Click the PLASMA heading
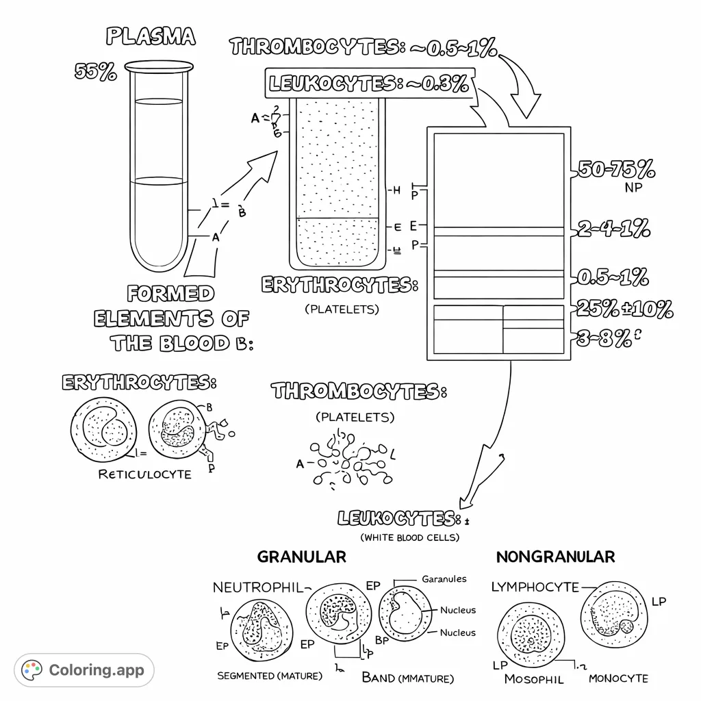[150, 37]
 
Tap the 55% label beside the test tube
[95, 72]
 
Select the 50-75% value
[615, 169]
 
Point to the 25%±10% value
[624, 309]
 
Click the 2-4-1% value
[613, 229]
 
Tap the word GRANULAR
[301, 557]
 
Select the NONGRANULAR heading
[555, 557]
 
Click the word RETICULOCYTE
[144, 474]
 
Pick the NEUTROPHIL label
[257, 587]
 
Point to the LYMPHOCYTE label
[535, 587]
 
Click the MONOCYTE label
[618, 678]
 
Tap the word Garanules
[444, 579]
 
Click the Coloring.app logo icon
[32, 670]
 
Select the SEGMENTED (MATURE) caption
[269, 676]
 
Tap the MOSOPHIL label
[534, 679]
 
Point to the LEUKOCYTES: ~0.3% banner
[369, 84]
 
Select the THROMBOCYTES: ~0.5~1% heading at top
[363, 47]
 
